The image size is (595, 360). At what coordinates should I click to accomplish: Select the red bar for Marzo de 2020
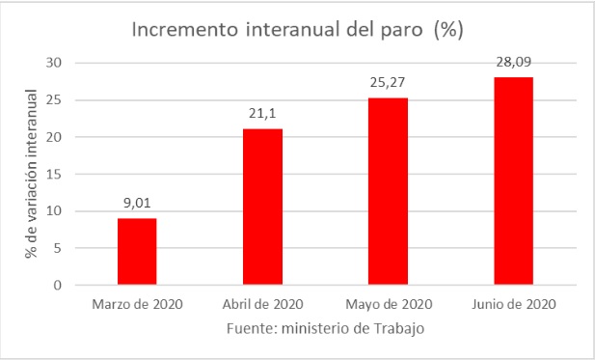coord(137,252)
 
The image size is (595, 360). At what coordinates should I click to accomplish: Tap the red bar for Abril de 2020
coord(262,207)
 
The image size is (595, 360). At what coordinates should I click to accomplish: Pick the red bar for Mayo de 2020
coord(388,191)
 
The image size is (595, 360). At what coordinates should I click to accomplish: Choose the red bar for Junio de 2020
coord(513,181)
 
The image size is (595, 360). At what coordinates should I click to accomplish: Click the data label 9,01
coord(137,204)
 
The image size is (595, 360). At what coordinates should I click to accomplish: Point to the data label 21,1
coord(262,115)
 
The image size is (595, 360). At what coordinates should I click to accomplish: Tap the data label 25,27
coord(388,84)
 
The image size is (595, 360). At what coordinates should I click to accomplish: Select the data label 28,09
coord(513,62)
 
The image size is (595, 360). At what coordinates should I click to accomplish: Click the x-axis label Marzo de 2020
coord(137,306)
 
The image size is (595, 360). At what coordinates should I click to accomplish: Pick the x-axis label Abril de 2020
coord(262,306)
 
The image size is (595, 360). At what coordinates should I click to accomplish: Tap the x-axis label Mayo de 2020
coord(388,306)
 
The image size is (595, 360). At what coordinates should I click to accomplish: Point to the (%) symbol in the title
coord(448,30)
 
